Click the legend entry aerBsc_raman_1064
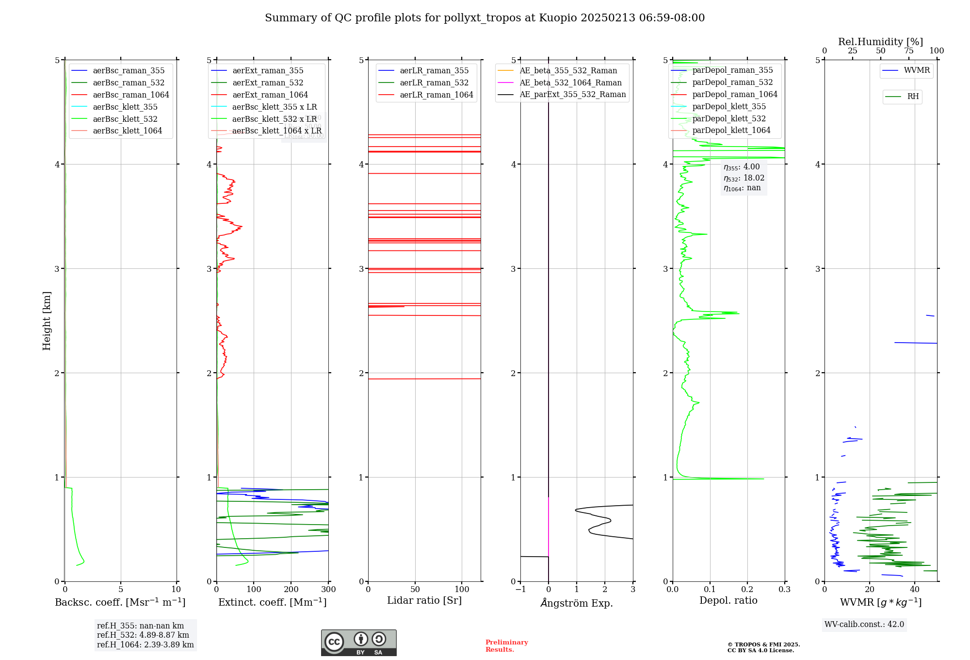tap(130, 95)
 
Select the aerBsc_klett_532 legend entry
tap(125, 119)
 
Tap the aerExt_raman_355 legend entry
tap(268, 70)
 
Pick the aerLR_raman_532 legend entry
tap(434, 82)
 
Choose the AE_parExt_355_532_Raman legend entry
tap(572, 94)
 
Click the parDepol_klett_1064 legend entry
tap(731, 130)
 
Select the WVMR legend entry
tap(917, 70)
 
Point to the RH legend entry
tap(913, 97)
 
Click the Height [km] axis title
tap(47, 320)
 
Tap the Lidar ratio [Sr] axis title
tap(424, 600)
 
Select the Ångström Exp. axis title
tap(577, 603)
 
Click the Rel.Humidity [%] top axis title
tap(880, 42)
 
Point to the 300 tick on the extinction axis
tap(328, 589)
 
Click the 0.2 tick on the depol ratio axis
tap(747, 589)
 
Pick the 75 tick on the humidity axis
tap(908, 51)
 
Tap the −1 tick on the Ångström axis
tap(520, 589)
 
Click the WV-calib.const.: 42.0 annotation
tap(864, 624)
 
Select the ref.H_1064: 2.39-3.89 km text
tap(145, 644)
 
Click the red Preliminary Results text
tap(506, 646)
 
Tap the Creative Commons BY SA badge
tap(358, 643)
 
